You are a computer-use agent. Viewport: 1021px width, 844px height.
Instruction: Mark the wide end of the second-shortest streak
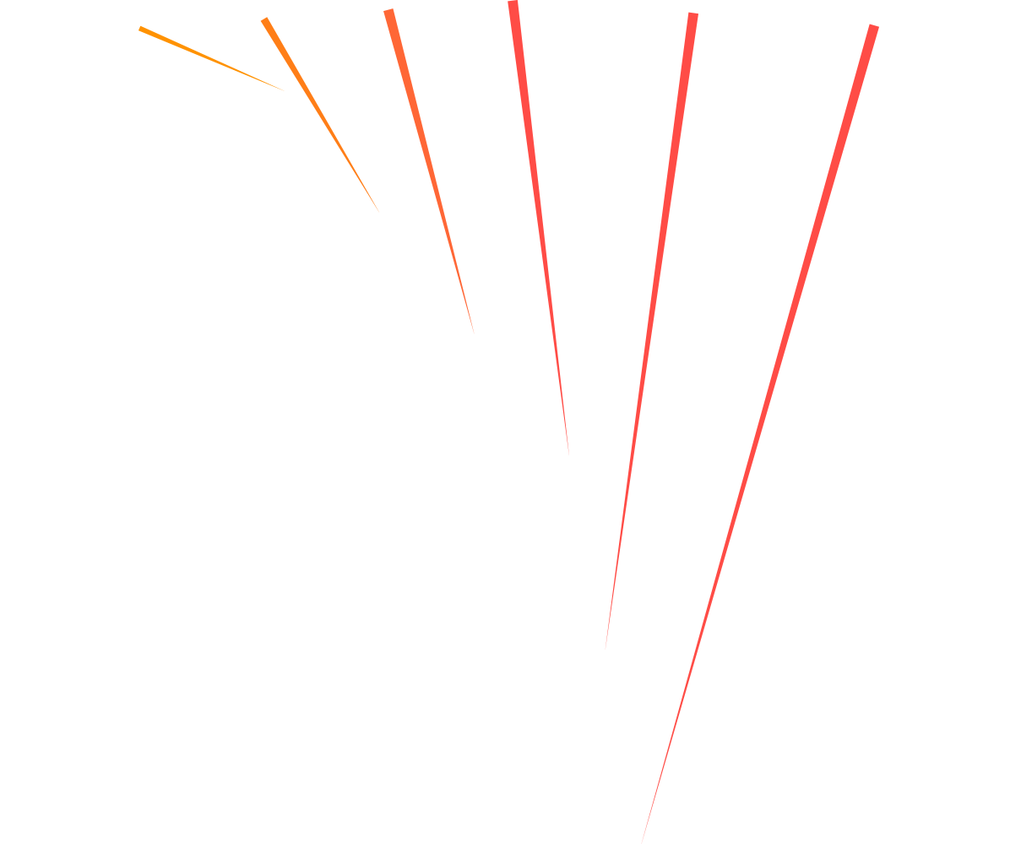click(x=265, y=20)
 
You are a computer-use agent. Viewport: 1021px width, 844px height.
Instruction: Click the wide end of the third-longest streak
click(x=513, y=4)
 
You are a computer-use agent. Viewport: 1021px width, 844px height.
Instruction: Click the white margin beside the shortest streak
click(x=68, y=51)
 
